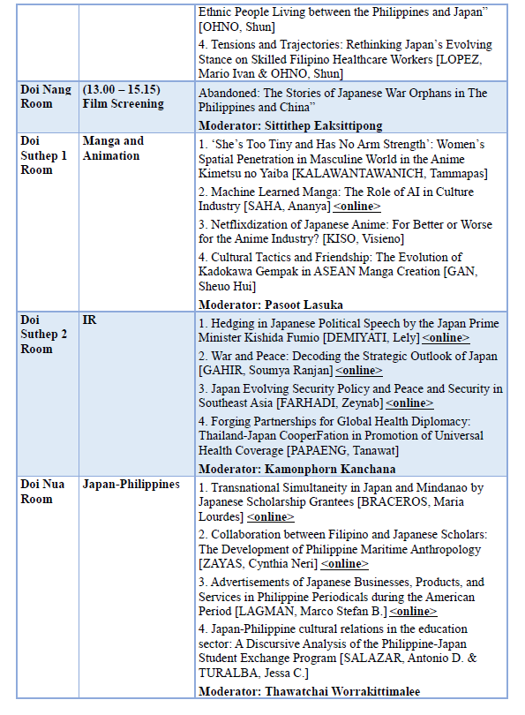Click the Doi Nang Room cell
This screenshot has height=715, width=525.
pyautogui.click(x=46, y=96)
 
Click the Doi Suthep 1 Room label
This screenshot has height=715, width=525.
pyautogui.click(x=43, y=155)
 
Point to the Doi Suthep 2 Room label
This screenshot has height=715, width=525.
pyautogui.click(x=43, y=335)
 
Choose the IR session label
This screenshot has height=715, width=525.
pyautogui.click(x=89, y=320)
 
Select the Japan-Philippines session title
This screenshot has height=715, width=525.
pyautogui.click(x=131, y=485)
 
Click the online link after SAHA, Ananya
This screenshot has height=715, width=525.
pyautogui.click(x=356, y=207)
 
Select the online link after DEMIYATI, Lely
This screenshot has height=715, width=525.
pyautogui.click(x=446, y=338)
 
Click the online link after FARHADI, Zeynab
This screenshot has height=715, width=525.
pyautogui.click(x=409, y=403)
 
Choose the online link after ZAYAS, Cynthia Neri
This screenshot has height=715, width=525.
pyautogui.click(x=344, y=563)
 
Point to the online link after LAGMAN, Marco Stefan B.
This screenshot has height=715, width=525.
pyautogui.click(x=413, y=611)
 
